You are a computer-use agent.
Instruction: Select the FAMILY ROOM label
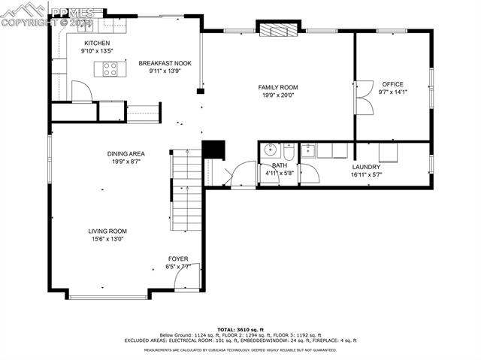click(279, 87)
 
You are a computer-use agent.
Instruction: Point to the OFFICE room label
click(392, 84)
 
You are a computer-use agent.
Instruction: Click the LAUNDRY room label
click(366, 167)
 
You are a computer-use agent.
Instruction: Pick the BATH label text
click(279, 165)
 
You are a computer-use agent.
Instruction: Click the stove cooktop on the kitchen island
click(110, 70)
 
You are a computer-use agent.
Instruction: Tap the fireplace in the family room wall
click(279, 29)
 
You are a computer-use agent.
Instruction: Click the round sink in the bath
click(271, 149)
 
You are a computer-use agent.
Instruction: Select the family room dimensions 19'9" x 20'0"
click(279, 95)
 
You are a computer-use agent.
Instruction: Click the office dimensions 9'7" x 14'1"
click(392, 92)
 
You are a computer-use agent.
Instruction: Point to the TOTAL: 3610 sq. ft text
click(240, 329)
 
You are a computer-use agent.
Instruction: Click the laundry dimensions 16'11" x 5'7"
click(366, 174)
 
